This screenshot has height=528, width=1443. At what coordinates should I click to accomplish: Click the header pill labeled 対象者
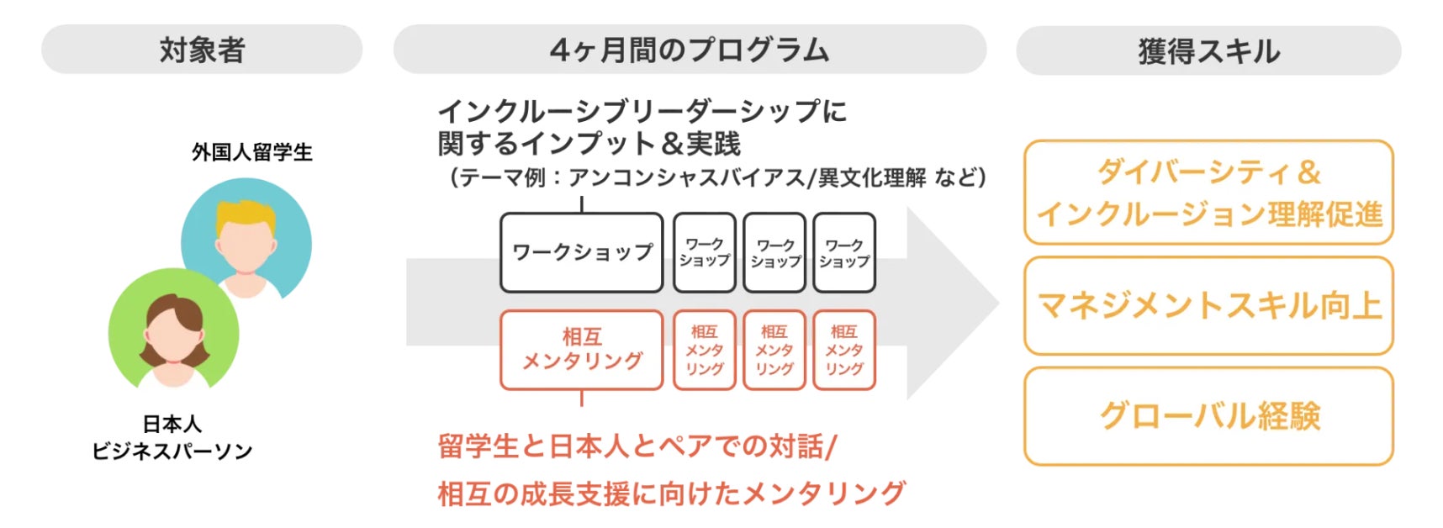pos(202,50)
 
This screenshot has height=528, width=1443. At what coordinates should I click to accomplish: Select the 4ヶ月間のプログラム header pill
pos(690,50)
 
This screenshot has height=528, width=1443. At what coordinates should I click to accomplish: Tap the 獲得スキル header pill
pos(1208,51)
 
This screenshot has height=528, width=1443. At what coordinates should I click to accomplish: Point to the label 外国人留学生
pos(251,152)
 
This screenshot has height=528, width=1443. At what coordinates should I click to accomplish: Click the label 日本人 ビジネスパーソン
pos(172,438)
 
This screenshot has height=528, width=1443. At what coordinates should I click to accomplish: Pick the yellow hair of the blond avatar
pos(245,218)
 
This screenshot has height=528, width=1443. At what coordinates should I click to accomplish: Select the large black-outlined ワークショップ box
pos(582,252)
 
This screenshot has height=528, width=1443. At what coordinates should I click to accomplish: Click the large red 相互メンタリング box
pos(582,350)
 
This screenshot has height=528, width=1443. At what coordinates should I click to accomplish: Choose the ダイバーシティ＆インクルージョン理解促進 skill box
pos(1208,193)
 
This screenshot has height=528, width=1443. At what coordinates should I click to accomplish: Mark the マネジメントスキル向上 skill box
pos(1208,306)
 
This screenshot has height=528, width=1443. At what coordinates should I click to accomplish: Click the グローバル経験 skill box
pos(1208,416)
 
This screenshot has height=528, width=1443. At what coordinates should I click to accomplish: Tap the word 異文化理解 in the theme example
pos(869,178)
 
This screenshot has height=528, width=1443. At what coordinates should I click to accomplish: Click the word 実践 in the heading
pos(713,144)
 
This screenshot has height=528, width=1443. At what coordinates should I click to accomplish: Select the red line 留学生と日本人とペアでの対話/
pos(637,446)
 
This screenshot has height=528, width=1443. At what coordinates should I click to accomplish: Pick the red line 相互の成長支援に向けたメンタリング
pos(671,494)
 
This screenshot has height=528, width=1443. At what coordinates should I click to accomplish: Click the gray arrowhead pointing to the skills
pos(954,303)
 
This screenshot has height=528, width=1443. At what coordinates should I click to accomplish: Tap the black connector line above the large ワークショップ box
pos(582,204)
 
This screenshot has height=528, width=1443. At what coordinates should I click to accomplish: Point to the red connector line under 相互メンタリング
pos(582,399)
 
